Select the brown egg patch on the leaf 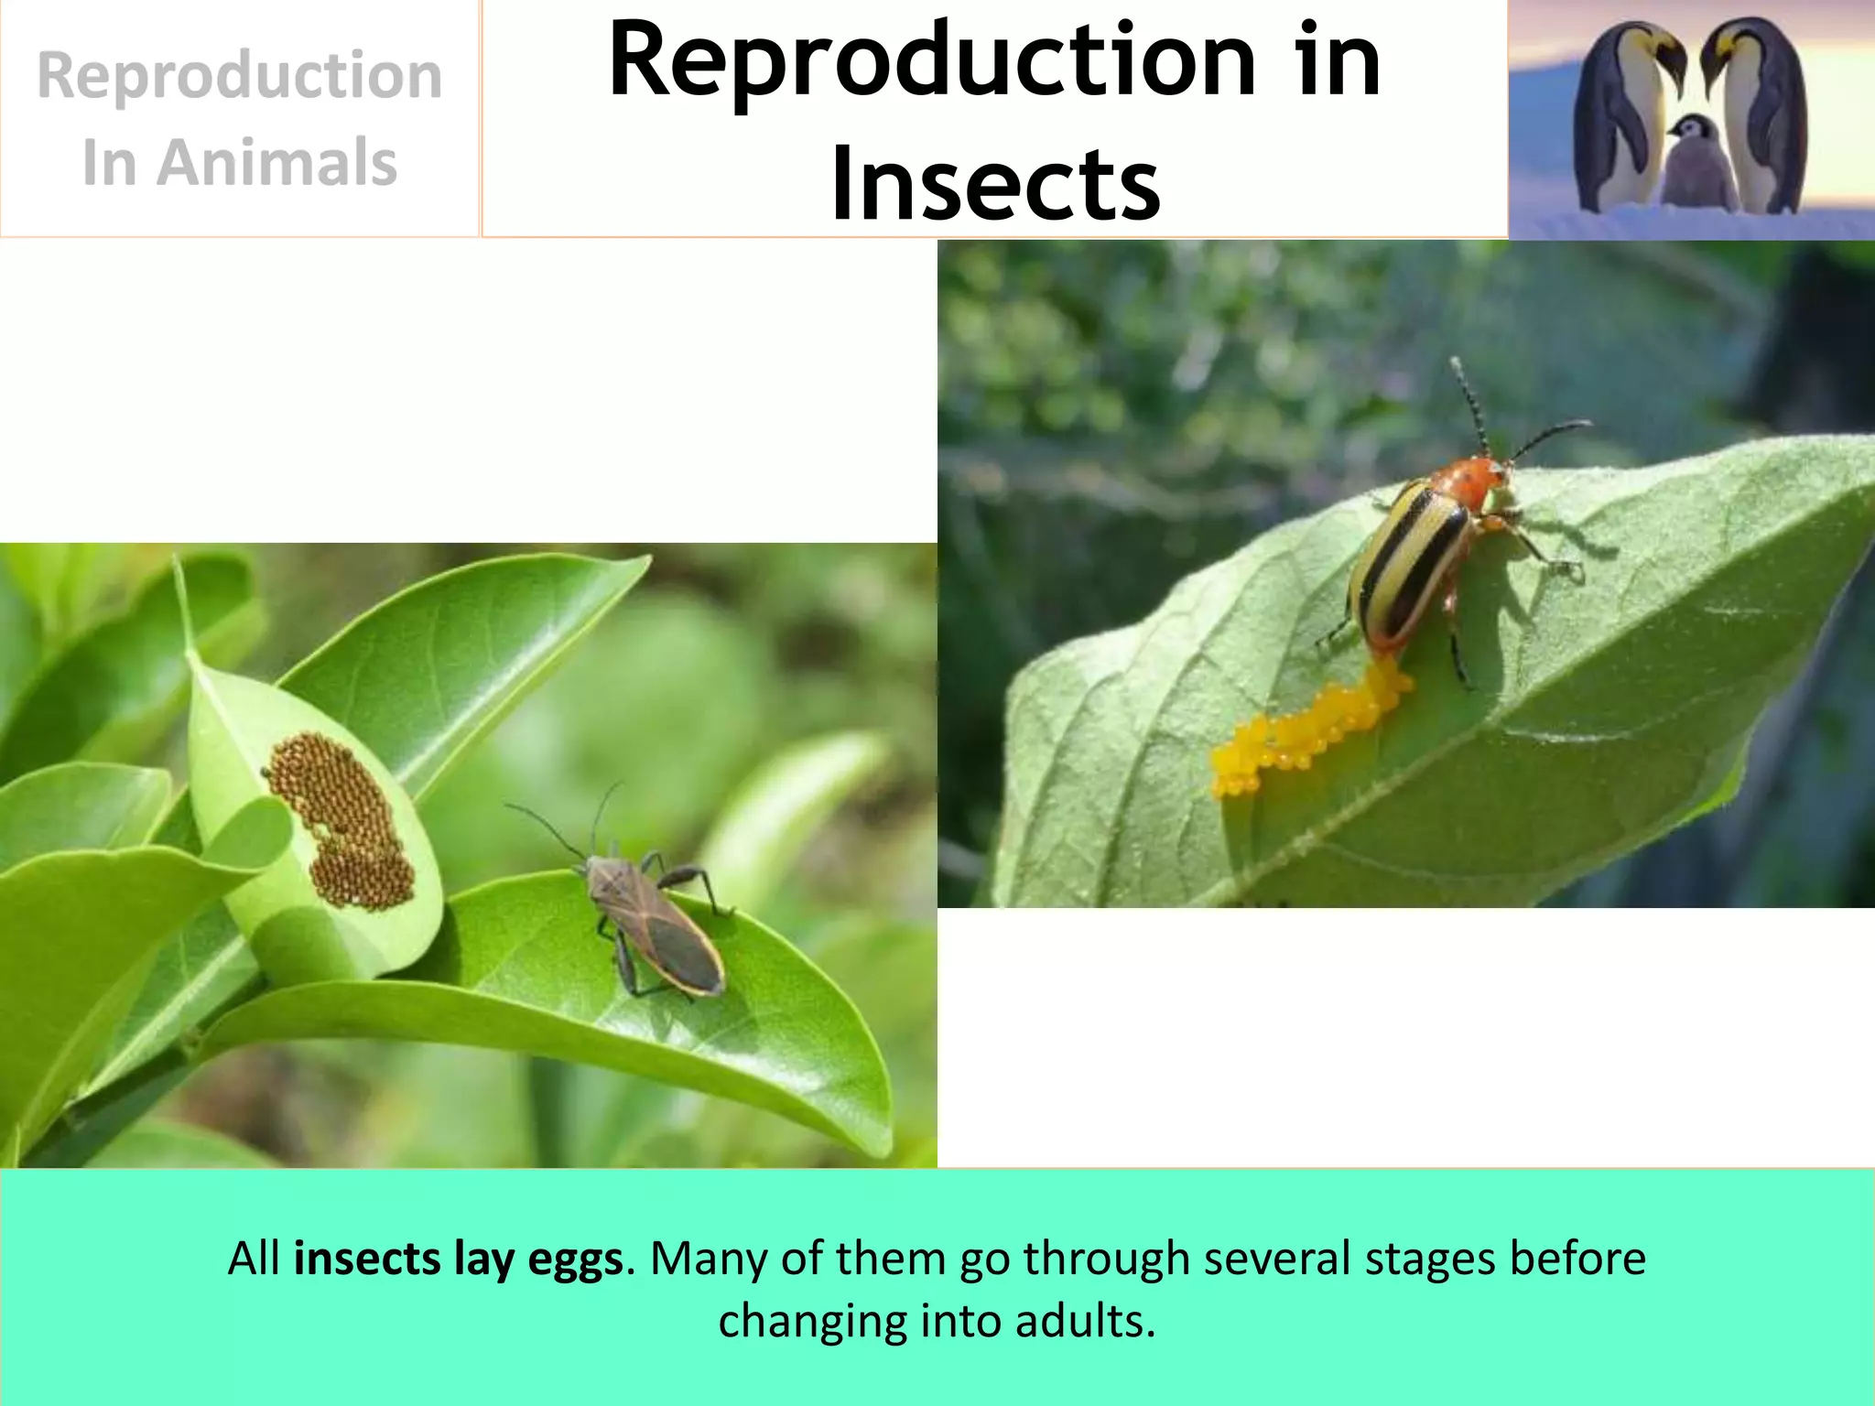click(x=341, y=819)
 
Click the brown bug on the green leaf click(x=652, y=925)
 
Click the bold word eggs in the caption click(x=576, y=1259)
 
